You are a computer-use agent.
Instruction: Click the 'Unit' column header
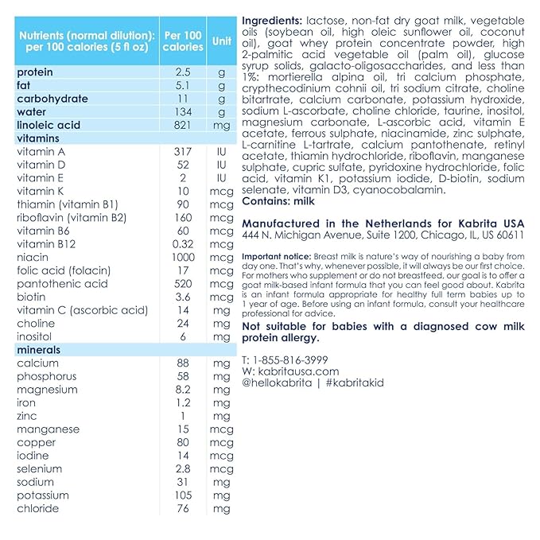pyautogui.click(x=222, y=41)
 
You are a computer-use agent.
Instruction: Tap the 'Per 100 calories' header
pyautogui.click(x=183, y=41)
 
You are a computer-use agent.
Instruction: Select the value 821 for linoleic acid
pyautogui.click(x=183, y=125)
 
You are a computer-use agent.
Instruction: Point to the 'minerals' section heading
pyautogui.click(x=39, y=350)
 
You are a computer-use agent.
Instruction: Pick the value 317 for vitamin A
pyautogui.click(x=183, y=152)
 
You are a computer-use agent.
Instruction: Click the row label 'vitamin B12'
pyautogui.click(x=47, y=244)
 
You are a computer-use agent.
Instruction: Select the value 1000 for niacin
pyautogui.click(x=183, y=258)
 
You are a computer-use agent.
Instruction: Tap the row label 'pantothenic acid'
pyautogui.click(x=62, y=284)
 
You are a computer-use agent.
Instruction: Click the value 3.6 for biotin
pyautogui.click(x=183, y=297)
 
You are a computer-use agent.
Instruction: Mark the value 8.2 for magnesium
pyautogui.click(x=183, y=390)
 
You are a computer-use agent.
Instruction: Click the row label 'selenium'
pyautogui.click(x=41, y=469)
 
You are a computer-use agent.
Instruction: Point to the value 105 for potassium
pyautogui.click(x=183, y=495)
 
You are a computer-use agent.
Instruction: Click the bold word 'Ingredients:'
pyautogui.click(x=271, y=20)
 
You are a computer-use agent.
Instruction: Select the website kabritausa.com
pyautogui.click(x=298, y=371)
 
